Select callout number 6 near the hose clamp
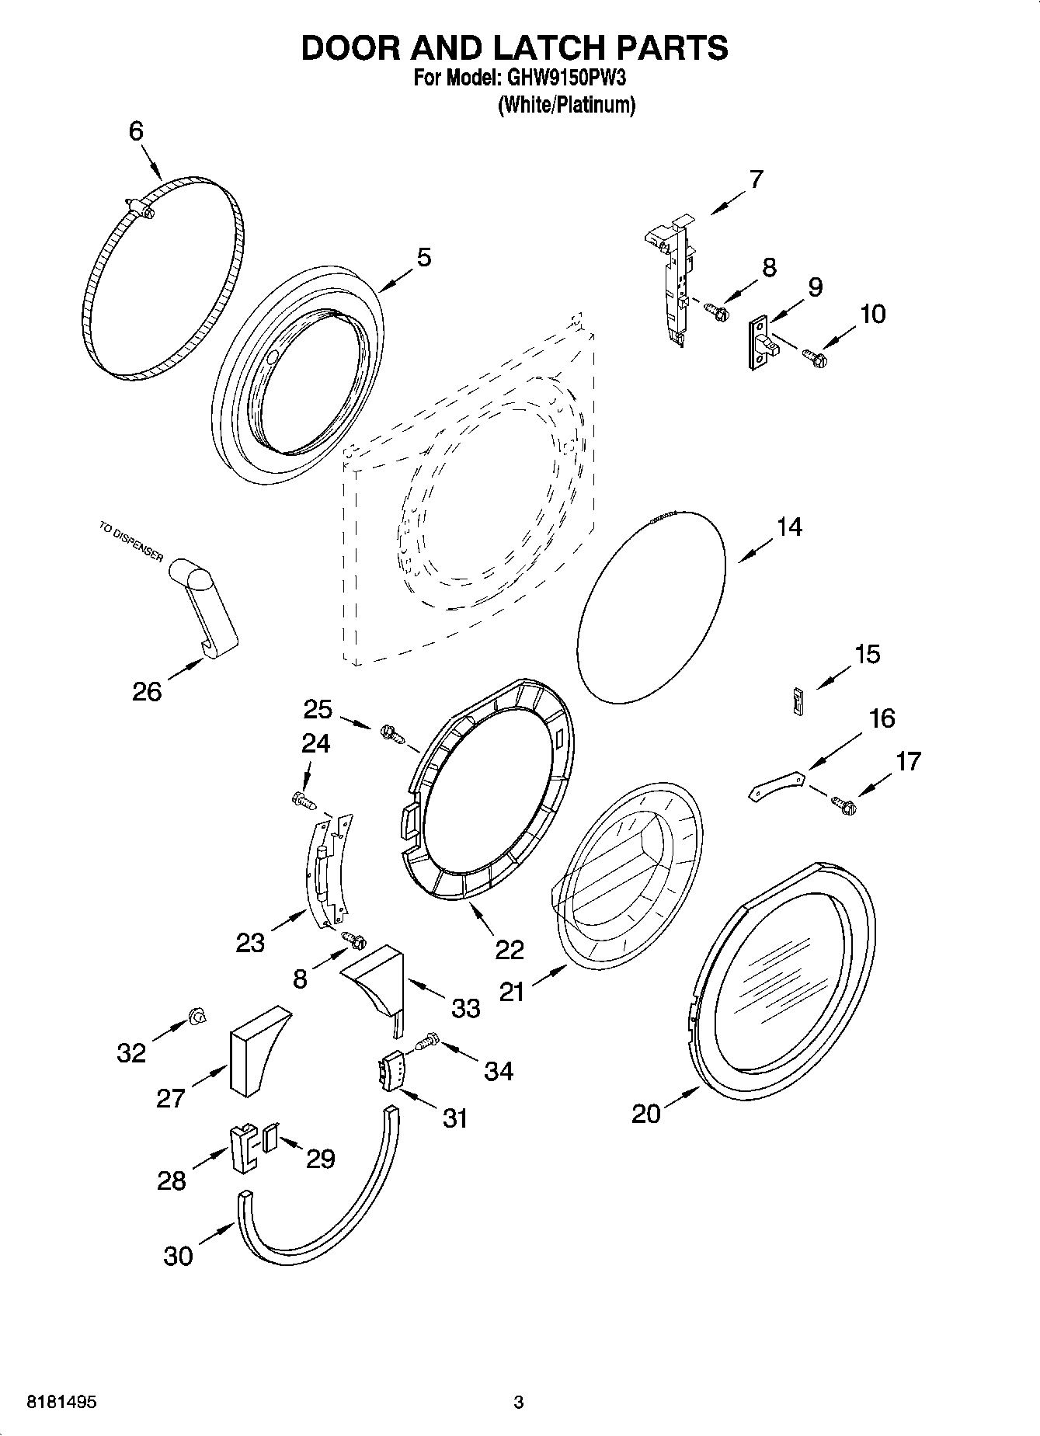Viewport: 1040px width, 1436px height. pyautogui.click(x=136, y=131)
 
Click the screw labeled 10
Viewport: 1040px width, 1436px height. pyautogui.click(x=815, y=358)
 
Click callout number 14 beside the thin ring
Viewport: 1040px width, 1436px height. pyautogui.click(x=788, y=527)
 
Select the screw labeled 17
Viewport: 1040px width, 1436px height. pyautogui.click(x=843, y=805)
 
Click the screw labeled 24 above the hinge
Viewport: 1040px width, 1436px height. pyautogui.click(x=303, y=799)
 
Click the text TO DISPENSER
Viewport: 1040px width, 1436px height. pyautogui.click(x=130, y=543)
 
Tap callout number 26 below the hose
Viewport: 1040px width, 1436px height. pyautogui.click(x=146, y=690)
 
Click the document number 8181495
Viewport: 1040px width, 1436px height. pyautogui.click(x=62, y=1403)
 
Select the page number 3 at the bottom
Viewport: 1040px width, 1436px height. pyautogui.click(x=519, y=1403)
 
